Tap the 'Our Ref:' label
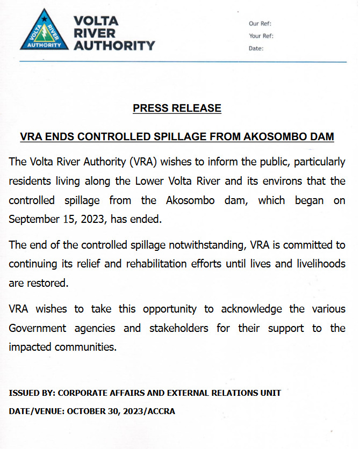tap(260, 24)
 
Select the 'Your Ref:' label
tap(261, 36)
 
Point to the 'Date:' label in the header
tap(256, 48)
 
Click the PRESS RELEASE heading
tap(177, 108)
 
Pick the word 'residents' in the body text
tap(31, 181)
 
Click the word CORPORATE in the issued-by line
tap(81, 393)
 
